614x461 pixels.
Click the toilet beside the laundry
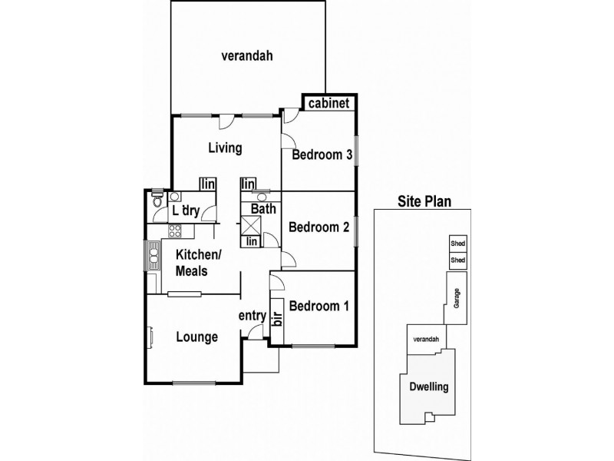click(157, 201)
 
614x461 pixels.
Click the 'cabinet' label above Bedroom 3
click(328, 104)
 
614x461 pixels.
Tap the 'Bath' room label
click(263, 208)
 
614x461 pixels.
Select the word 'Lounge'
click(197, 337)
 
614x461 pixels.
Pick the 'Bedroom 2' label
click(319, 227)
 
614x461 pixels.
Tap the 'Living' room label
click(225, 148)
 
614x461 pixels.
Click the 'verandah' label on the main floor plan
click(247, 55)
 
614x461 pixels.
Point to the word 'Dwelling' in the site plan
click(428, 387)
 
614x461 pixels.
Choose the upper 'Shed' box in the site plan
click(457, 244)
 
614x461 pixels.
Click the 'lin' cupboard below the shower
click(251, 241)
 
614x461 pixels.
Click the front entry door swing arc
click(258, 331)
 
